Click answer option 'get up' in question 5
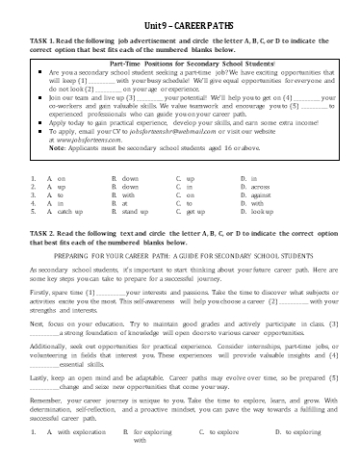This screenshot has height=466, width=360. pyautogui.click(x=192, y=211)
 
